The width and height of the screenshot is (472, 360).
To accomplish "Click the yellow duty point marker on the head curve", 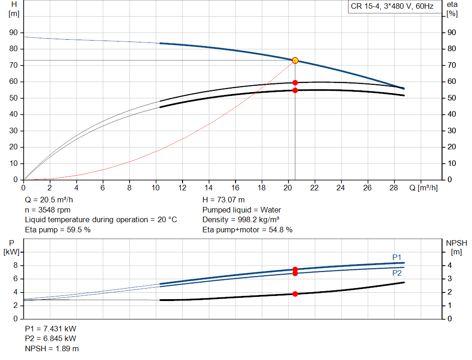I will point(295,60).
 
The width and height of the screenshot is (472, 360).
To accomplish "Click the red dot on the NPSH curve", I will point(295,294).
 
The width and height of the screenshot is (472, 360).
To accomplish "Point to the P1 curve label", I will point(397,257).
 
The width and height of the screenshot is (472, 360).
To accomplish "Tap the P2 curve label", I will point(397,273).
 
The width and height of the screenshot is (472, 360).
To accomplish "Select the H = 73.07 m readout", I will point(224,200).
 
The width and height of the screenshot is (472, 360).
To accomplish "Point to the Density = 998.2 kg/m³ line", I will point(241,219).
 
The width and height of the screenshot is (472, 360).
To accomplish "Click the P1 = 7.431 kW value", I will point(51,329).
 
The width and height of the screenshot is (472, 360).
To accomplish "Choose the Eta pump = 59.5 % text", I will point(58,230).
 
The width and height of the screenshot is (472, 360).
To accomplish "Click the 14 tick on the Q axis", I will point(209,188).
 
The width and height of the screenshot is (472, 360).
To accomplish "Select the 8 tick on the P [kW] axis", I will point(15,266).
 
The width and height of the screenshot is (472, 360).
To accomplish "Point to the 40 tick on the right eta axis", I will point(451,114).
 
